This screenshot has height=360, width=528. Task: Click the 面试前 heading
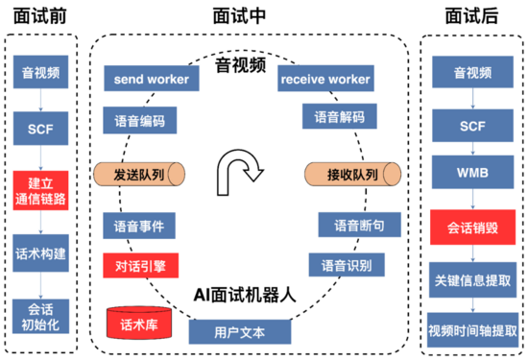coord(39,15)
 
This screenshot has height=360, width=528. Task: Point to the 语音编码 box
coord(140,119)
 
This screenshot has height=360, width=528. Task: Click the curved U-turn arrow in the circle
coord(237,170)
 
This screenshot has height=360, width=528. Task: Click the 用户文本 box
coord(239,331)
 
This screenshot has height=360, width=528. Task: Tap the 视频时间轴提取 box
coord(473,333)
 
